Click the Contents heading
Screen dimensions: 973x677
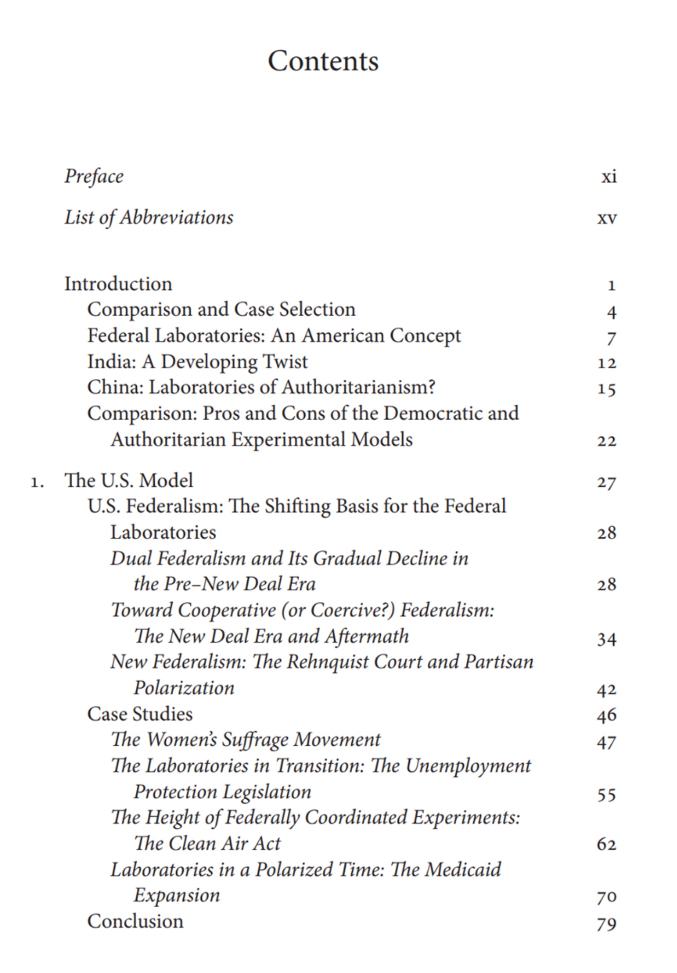(x=323, y=61)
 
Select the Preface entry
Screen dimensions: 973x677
(x=94, y=176)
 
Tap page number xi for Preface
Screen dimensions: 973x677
(x=609, y=176)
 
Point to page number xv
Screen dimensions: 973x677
(x=607, y=218)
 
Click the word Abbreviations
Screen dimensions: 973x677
(x=177, y=217)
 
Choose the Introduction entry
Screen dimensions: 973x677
(x=118, y=284)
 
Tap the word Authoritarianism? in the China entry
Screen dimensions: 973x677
(x=359, y=387)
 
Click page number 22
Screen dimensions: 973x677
(x=607, y=441)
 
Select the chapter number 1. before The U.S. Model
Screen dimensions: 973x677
(x=37, y=482)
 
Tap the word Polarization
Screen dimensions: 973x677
(x=184, y=688)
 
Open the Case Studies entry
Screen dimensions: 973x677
(x=140, y=714)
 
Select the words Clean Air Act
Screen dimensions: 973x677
(x=224, y=844)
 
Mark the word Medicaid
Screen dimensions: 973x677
(x=462, y=870)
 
